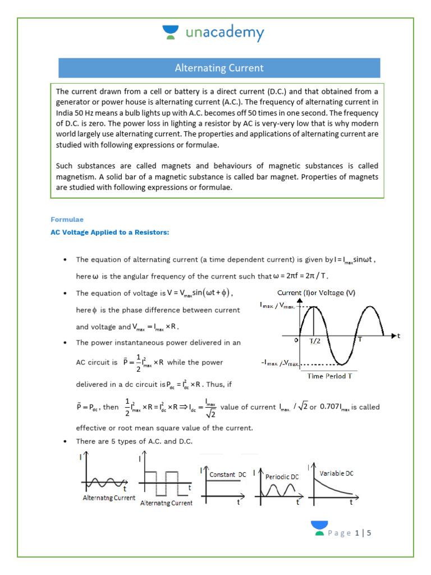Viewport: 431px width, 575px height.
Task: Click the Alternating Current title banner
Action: pyautogui.click(x=219, y=68)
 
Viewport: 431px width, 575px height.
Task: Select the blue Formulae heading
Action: pyautogui.click(x=67, y=220)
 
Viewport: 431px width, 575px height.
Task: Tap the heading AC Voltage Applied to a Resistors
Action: pyautogui.click(x=109, y=232)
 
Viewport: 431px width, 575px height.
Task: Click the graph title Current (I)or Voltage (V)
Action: pyautogui.click(x=317, y=293)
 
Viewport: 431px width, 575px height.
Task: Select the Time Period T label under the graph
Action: pyautogui.click(x=329, y=376)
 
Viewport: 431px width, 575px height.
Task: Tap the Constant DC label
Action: pyautogui.click(x=227, y=474)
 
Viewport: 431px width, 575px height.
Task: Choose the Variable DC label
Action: pyautogui.click(x=337, y=473)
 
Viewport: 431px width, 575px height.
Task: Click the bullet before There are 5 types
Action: pyautogui.click(x=66, y=442)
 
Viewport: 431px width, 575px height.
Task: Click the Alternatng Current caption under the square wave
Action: pyautogui.click(x=166, y=503)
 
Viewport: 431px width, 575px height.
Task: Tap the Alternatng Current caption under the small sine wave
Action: pyautogui.click(x=109, y=498)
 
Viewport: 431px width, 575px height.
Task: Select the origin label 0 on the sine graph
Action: pyautogui.click(x=295, y=340)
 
